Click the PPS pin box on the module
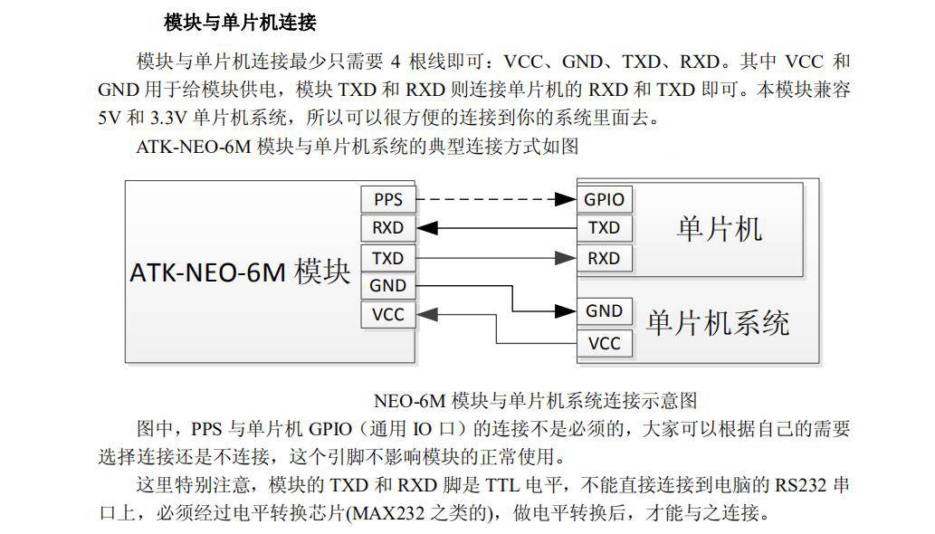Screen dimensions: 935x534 pyautogui.click(x=387, y=199)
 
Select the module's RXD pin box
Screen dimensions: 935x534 pyautogui.click(x=387, y=228)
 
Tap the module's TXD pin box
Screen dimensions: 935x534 pyautogui.click(x=387, y=258)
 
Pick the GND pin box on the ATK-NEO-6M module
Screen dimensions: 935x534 pyautogui.click(x=387, y=285)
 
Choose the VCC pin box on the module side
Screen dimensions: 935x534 pyautogui.click(x=387, y=314)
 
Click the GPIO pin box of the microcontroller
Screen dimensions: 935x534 pyautogui.click(x=604, y=199)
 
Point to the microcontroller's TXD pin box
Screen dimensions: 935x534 pyautogui.click(x=604, y=228)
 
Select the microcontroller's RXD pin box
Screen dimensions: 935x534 pyautogui.click(x=604, y=258)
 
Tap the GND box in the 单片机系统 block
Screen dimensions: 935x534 pyautogui.click(x=604, y=311)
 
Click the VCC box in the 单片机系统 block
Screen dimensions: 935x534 pyautogui.click(x=604, y=343)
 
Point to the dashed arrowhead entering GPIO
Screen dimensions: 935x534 pyautogui.click(x=566, y=199)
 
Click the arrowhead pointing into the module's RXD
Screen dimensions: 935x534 pyautogui.click(x=427, y=228)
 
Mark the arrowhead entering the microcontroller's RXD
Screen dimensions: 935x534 pyautogui.click(x=566, y=258)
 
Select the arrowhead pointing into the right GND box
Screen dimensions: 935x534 pyautogui.click(x=566, y=311)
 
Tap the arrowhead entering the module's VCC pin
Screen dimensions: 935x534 pyautogui.click(x=427, y=314)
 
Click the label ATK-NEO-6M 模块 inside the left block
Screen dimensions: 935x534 pyautogui.click(x=240, y=272)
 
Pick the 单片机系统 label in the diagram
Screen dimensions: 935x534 pyautogui.click(x=718, y=323)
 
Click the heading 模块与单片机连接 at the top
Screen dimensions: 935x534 pyautogui.click(x=240, y=23)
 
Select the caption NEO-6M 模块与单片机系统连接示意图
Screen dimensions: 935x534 pyautogui.click(x=535, y=400)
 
